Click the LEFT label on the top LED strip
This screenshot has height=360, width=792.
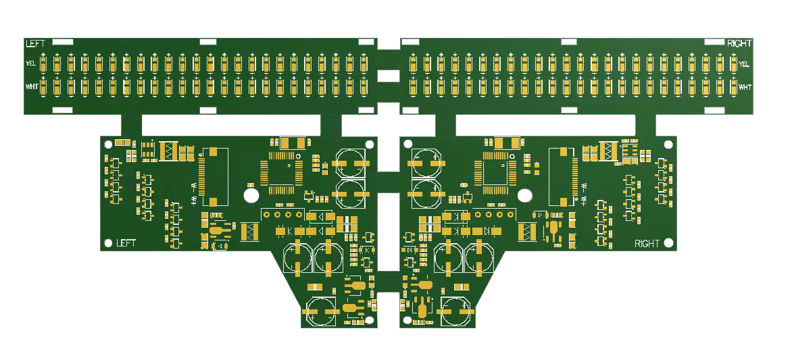coord(35,44)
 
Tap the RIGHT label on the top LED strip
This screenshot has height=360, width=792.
coord(739,44)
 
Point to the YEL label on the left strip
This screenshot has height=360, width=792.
coord(31,63)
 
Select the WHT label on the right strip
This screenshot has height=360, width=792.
coord(745,87)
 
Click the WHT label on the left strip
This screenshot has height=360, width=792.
coord(31,87)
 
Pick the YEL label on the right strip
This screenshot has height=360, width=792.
coord(744,64)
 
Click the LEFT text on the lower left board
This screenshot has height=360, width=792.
coord(126,243)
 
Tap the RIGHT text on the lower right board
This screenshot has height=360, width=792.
coord(647,244)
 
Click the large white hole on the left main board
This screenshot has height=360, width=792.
coord(251,196)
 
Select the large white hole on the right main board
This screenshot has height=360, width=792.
coord(524,196)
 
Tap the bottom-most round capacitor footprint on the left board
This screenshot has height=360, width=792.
coord(321,311)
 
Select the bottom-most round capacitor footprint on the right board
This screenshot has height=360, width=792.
coord(455,311)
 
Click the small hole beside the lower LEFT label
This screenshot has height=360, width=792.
coord(108,243)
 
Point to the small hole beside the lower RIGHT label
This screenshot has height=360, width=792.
coord(668,243)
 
